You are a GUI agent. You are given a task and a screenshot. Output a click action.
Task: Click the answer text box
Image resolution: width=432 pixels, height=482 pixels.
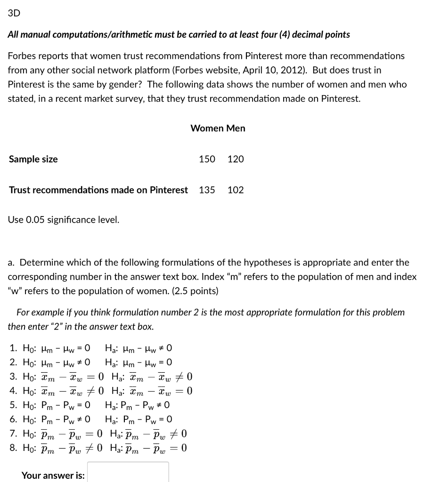click(x=128, y=473)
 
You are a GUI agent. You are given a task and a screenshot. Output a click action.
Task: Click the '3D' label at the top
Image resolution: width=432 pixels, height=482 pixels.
click(x=14, y=13)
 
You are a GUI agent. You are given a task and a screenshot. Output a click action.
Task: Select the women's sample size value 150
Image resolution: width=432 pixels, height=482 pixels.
click(x=207, y=159)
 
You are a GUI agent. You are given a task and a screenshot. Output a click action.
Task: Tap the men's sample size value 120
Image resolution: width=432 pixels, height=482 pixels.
click(x=236, y=159)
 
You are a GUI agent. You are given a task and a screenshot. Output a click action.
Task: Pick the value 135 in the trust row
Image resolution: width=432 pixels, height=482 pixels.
click(x=207, y=190)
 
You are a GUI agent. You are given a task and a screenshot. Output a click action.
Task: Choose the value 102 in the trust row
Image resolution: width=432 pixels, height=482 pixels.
click(x=236, y=190)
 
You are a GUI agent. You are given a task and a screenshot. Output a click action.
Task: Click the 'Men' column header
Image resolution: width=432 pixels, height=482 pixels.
click(x=236, y=129)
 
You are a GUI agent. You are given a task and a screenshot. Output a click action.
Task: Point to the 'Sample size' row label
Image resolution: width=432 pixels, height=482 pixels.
click(x=33, y=159)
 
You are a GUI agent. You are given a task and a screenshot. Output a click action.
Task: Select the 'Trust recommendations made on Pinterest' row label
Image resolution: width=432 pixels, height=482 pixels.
click(x=98, y=190)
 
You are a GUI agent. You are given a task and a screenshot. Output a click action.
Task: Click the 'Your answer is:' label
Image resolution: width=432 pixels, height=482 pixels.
click(x=53, y=475)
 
